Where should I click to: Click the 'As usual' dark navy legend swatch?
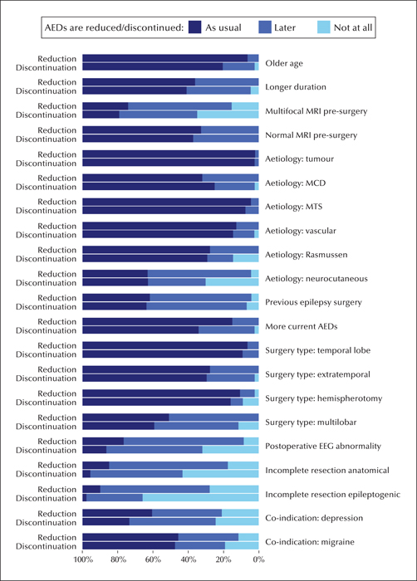coord(194,27)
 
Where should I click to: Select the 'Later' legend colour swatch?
coord(265,27)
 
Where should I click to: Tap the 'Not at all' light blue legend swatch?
coord(324,27)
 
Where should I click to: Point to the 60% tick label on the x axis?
coord(153,559)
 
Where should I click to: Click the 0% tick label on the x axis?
coord(258,559)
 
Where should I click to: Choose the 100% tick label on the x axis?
coord(83,559)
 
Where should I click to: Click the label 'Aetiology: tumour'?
coord(299,159)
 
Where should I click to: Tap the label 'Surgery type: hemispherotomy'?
coord(323,398)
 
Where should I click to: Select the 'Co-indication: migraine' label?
coord(309,542)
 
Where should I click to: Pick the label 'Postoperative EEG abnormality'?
coord(323,447)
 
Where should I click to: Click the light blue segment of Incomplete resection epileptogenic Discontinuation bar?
coord(201,498)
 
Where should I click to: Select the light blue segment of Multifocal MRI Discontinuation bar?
coord(228,115)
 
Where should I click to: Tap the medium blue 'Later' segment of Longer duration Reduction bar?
coord(227,82)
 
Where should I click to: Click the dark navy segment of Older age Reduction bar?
coord(165,58)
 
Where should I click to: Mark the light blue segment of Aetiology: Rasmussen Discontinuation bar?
coord(246,258)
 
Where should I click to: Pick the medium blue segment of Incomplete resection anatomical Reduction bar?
coord(169,465)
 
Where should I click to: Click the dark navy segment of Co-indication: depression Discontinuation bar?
coord(105,522)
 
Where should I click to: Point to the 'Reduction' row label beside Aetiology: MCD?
coord(56,178)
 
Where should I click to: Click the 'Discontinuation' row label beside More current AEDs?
coord(46,330)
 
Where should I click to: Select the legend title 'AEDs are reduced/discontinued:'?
coord(115,27)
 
